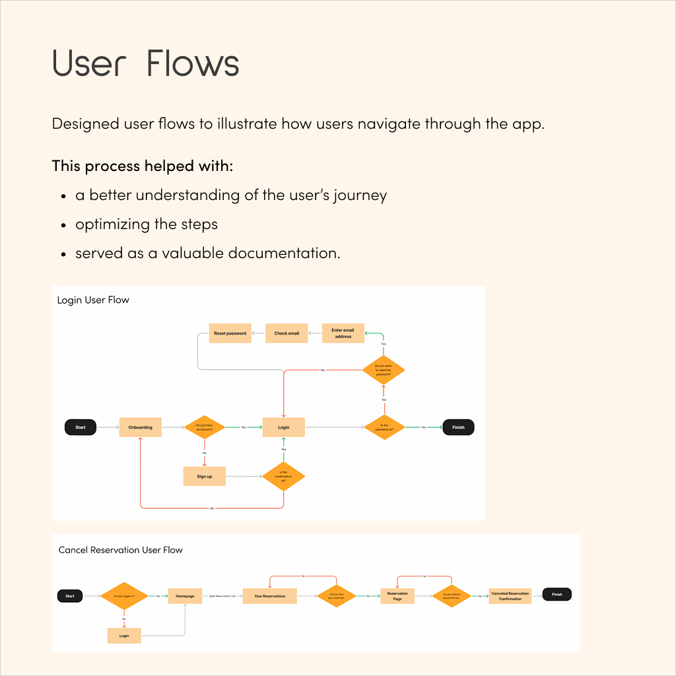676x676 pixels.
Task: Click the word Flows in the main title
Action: (193, 64)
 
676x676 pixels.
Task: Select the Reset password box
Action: (230, 333)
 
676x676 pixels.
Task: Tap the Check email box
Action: (287, 333)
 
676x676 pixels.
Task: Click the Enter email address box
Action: (343, 333)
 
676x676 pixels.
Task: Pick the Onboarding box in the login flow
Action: (140, 427)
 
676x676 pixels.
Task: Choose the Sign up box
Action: (205, 476)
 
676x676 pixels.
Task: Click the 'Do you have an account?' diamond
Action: (205, 427)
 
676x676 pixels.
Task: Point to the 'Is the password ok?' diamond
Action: (384, 427)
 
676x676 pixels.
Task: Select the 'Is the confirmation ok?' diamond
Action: (284, 477)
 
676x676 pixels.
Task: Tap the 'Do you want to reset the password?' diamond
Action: (384, 370)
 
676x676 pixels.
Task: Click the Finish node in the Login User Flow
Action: (458, 427)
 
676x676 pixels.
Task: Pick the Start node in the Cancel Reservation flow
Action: (70, 596)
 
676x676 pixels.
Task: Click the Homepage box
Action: (185, 596)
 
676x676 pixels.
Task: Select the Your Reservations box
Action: (270, 596)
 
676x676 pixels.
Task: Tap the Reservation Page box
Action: (397, 596)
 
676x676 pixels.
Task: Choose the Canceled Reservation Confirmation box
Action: (510, 596)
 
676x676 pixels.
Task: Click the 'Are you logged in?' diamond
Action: (124, 596)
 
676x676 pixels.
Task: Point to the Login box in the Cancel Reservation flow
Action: (124, 636)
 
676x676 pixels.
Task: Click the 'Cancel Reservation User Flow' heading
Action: (121, 550)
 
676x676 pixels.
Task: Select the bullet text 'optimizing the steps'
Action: (147, 224)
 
